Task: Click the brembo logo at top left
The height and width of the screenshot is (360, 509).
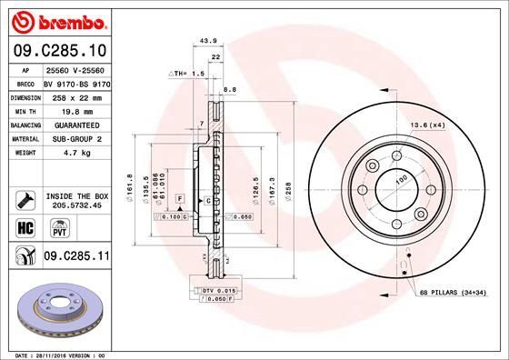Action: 57,21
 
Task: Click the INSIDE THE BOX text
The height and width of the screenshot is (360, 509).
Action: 77,195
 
